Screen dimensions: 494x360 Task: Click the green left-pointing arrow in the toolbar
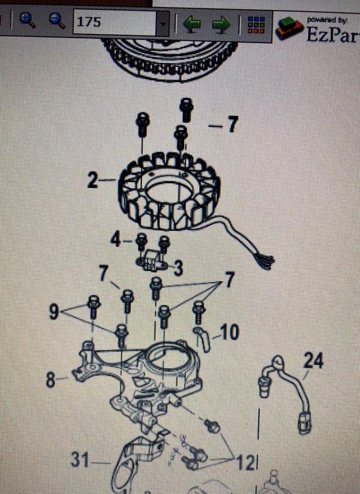click(x=191, y=24)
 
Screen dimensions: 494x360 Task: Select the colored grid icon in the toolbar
click(x=255, y=24)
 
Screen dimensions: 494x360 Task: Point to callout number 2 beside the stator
click(x=93, y=181)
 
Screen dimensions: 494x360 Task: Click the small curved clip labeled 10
click(x=201, y=337)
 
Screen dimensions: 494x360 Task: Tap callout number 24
click(x=313, y=361)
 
